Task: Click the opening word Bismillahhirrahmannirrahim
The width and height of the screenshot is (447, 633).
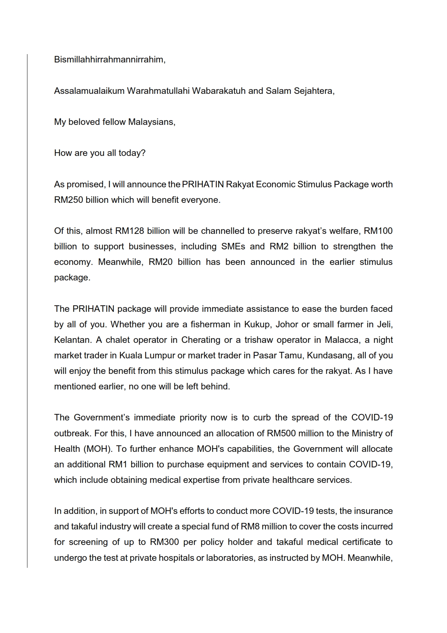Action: click(x=109, y=60)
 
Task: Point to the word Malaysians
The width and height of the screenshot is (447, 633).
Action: click(x=152, y=122)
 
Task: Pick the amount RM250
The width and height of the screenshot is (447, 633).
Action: click(x=69, y=200)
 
